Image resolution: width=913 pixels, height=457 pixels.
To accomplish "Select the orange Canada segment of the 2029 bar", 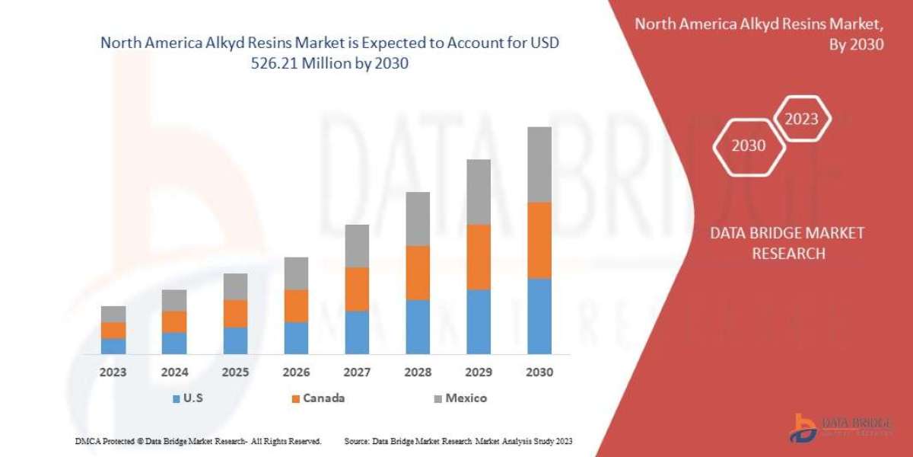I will tap(479, 257).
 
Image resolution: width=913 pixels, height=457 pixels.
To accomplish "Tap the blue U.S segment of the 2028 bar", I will tap(418, 327).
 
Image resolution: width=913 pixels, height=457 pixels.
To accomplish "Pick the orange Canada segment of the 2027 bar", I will tap(357, 289).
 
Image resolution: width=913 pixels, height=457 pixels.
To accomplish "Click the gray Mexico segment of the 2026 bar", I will tap(296, 273).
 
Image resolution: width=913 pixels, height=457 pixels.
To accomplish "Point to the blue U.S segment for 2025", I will tap(235, 340).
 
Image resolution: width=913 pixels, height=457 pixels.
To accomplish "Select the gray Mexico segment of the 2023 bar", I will tap(113, 314).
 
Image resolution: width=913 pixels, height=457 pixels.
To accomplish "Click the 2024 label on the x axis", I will tap(174, 372).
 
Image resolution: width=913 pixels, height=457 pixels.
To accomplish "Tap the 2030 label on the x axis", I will tap(539, 372).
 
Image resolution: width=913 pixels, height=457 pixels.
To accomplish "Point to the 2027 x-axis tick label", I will tap(357, 372).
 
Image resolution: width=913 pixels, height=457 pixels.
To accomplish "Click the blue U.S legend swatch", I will tap(177, 398).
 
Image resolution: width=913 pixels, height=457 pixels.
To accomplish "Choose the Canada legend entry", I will tap(317, 398).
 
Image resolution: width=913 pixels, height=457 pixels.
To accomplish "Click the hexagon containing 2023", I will tap(801, 119).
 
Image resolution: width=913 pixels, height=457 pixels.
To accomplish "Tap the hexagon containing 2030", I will tap(749, 145).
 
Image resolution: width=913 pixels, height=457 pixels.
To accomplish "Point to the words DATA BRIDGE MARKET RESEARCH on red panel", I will tap(787, 243).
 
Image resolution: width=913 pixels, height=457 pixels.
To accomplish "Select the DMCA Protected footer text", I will tap(198, 441).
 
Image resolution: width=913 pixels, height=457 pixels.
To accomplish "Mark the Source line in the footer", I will tap(458, 441).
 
